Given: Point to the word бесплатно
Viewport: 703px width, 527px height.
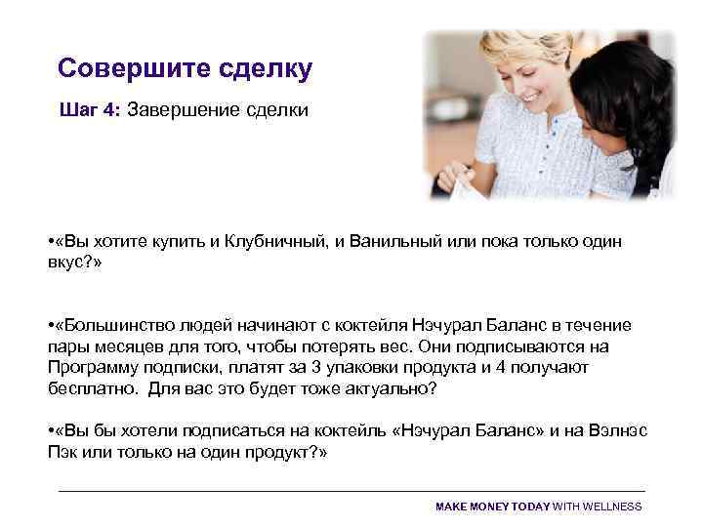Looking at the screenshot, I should pyautogui.click(x=90, y=387).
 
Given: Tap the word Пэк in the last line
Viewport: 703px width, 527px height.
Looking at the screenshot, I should pyautogui.click(x=62, y=454).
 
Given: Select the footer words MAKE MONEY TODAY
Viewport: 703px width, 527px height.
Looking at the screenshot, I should pyautogui.click(x=492, y=507).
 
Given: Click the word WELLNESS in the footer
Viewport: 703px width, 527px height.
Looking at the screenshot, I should pyautogui.click(x=613, y=507).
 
